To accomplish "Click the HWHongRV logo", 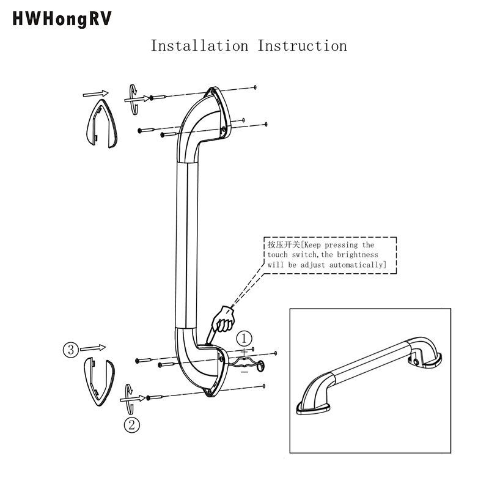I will click(x=62, y=19).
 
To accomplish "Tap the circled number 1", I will click(x=244, y=338).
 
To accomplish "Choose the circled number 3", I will click(x=71, y=350).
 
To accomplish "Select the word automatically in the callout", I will click(x=357, y=265).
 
